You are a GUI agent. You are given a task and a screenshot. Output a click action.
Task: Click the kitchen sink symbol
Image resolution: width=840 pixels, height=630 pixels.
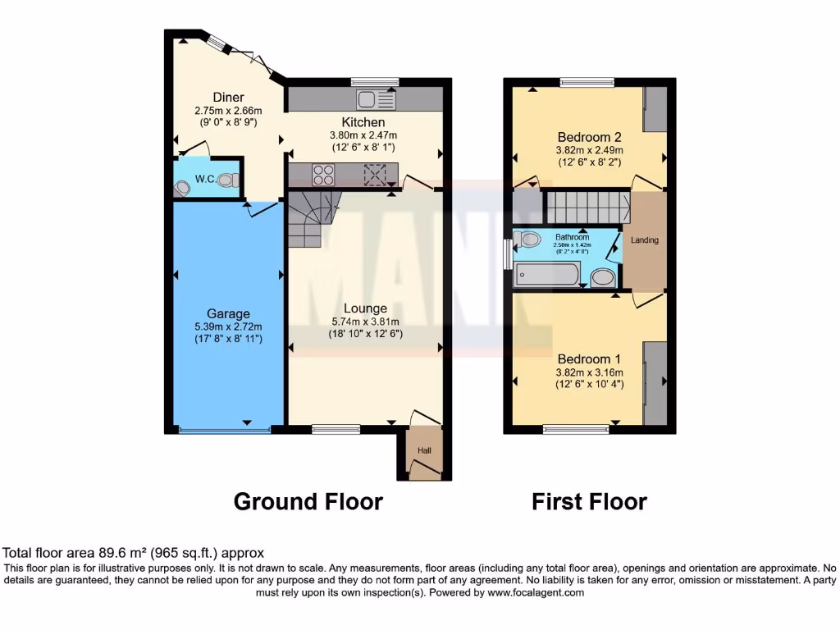pyautogui.click(x=377, y=100)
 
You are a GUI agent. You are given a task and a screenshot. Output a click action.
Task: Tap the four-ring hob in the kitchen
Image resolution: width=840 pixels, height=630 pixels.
pyautogui.click(x=323, y=174)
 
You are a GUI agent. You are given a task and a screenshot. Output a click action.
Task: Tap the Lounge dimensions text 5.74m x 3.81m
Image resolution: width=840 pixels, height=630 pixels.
pyautogui.click(x=365, y=322)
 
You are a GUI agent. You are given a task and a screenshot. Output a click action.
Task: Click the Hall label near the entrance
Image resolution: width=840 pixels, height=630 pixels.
pyautogui.click(x=424, y=450)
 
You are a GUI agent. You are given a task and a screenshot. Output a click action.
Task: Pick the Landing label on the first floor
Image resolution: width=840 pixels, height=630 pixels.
pyautogui.click(x=645, y=240)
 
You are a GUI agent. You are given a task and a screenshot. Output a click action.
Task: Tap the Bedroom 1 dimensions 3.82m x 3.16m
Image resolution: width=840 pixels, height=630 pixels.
pyautogui.click(x=588, y=372)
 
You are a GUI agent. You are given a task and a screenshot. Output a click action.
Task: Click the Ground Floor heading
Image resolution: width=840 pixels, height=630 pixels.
pyautogui.click(x=308, y=501)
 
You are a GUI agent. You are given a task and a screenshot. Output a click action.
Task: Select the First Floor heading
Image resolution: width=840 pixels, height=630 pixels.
pyautogui.click(x=589, y=501)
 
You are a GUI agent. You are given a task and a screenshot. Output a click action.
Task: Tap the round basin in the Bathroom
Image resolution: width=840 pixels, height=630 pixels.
pyautogui.click(x=603, y=278)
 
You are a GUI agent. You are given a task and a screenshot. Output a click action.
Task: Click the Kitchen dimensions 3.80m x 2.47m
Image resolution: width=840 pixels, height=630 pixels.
pyautogui.click(x=363, y=135)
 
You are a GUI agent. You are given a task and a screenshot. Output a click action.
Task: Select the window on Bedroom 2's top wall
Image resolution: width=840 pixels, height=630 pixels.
pyautogui.click(x=587, y=81)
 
